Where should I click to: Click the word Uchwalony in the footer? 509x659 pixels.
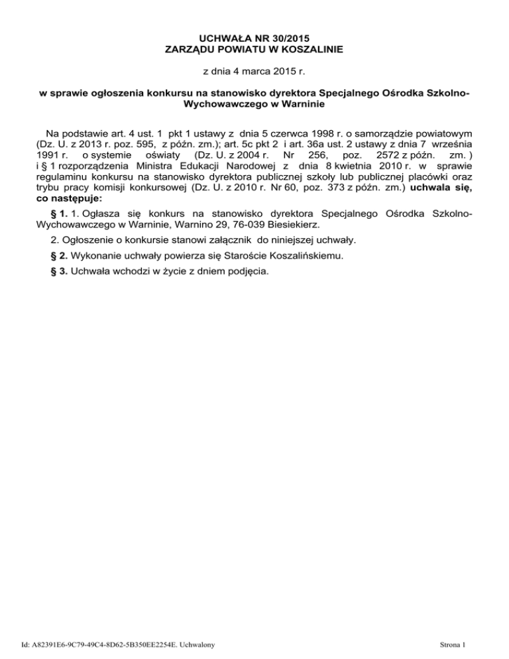coord(203,643)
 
